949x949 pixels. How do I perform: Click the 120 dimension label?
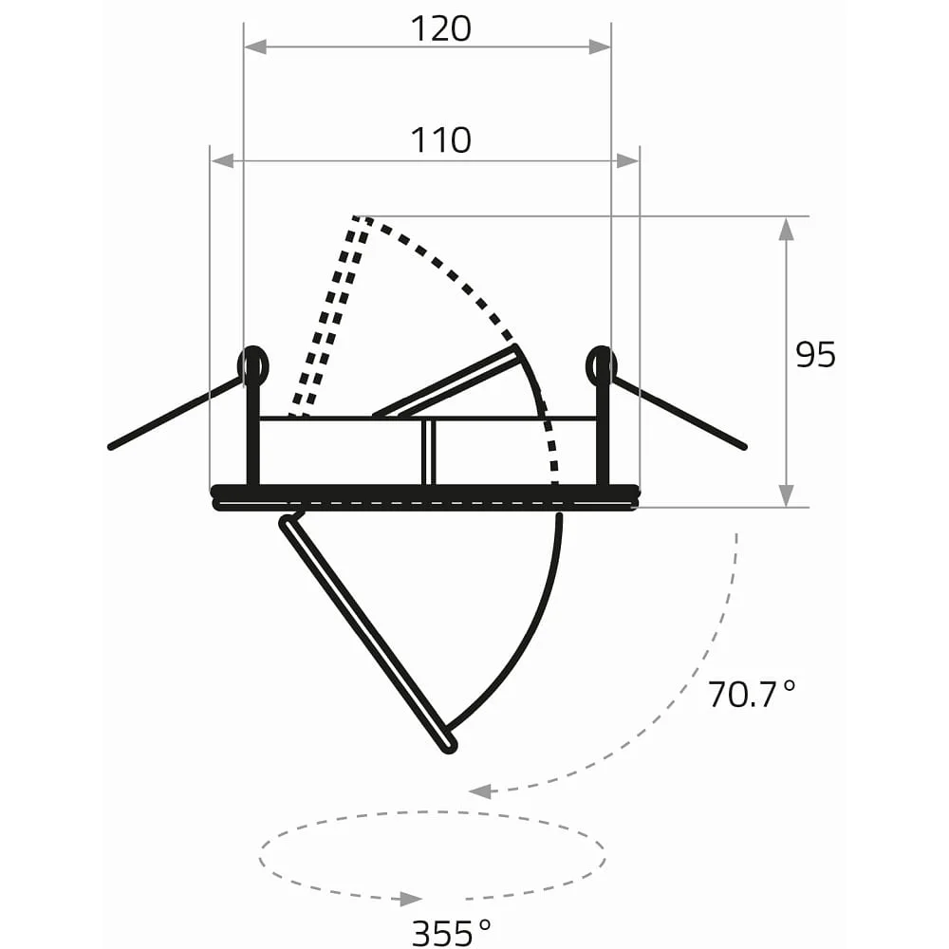[440, 29]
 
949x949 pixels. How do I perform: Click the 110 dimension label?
[440, 140]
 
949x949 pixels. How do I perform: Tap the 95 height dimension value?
[815, 355]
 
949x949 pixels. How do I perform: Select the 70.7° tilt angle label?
[751, 695]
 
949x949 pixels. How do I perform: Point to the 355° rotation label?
[452, 933]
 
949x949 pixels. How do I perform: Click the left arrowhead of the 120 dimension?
[255, 47]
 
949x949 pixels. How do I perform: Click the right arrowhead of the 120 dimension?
[600, 47]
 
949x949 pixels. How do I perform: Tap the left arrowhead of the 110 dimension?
[222, 161]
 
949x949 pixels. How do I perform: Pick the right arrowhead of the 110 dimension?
[627, 161]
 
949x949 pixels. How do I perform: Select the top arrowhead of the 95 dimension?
[786, 229]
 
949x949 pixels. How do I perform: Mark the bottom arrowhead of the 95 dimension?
[786, 495]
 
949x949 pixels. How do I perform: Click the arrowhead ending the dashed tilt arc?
[480, 791]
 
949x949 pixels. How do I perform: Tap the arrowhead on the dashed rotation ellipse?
[411, 899]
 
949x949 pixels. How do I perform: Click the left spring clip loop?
[253, 365]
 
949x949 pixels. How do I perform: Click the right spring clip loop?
[602, 365]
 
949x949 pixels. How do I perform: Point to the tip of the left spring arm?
[111, 447]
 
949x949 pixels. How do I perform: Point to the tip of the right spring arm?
[744, 447]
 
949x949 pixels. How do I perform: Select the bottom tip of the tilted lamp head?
[450, 748]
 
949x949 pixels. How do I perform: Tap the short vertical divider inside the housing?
[429, 452]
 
